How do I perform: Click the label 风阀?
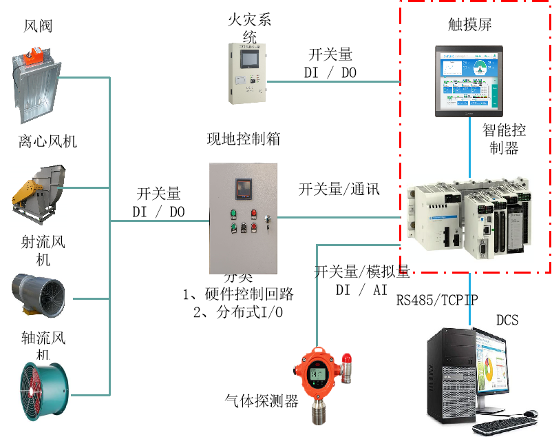39,27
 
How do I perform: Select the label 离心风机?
47,142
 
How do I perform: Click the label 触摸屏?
470,26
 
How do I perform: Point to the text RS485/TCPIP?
437,300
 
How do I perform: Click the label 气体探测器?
262,400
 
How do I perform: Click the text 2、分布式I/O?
238,312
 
